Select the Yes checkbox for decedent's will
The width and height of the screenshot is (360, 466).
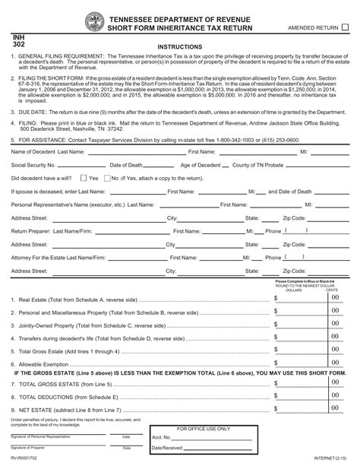pos(84,178)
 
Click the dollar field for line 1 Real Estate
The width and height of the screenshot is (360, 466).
pos(298,298)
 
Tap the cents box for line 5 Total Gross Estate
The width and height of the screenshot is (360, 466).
pos(333,350)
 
